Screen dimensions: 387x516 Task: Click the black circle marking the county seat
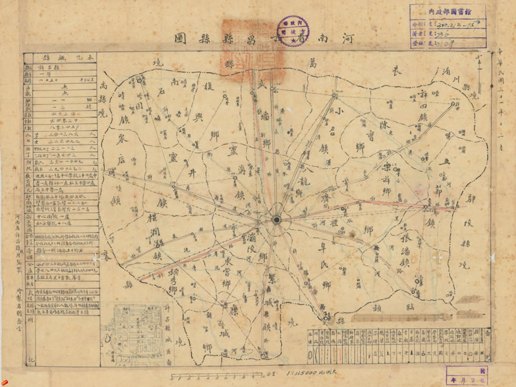pos(276,220)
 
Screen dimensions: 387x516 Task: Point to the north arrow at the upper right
pos(478,68)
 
